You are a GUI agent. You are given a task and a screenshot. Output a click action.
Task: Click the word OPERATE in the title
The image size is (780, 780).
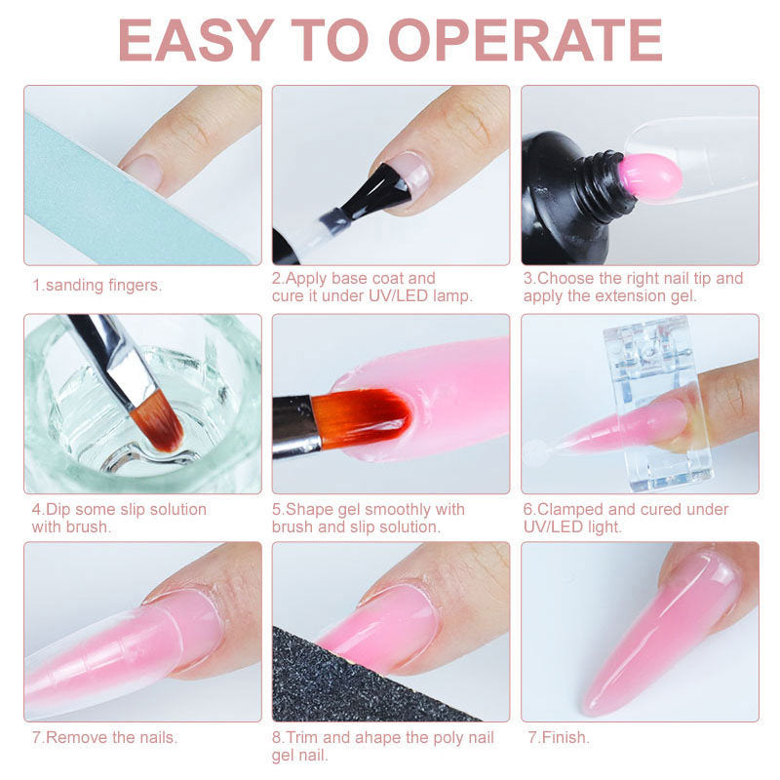click(x=526, y=40)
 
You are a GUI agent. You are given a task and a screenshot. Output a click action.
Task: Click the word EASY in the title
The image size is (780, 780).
click(x=196, y=40)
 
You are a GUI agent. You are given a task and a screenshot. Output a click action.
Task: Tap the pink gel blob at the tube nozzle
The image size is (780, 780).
click(x=650, y=176)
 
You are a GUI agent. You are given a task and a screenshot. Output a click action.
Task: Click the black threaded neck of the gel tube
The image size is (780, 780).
click(x=604, y=183)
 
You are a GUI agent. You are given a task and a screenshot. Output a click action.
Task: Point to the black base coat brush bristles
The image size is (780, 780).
click(x=378, y=191)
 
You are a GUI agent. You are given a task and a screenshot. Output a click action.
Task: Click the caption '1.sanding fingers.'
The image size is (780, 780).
click(x=97, y=285)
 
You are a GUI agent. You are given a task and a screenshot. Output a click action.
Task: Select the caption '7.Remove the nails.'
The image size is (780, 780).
click(x=104, y=737)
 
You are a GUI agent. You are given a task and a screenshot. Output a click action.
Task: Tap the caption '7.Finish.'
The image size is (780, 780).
click(x=559, y=737)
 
